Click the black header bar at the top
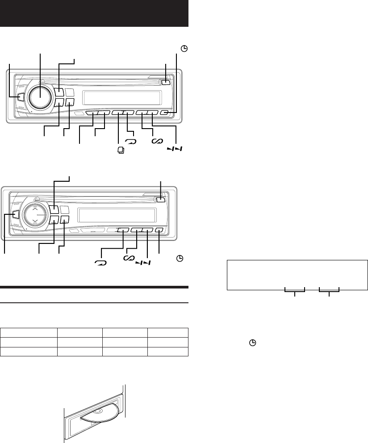click(95, 13)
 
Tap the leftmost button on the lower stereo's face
click(16, 215)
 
